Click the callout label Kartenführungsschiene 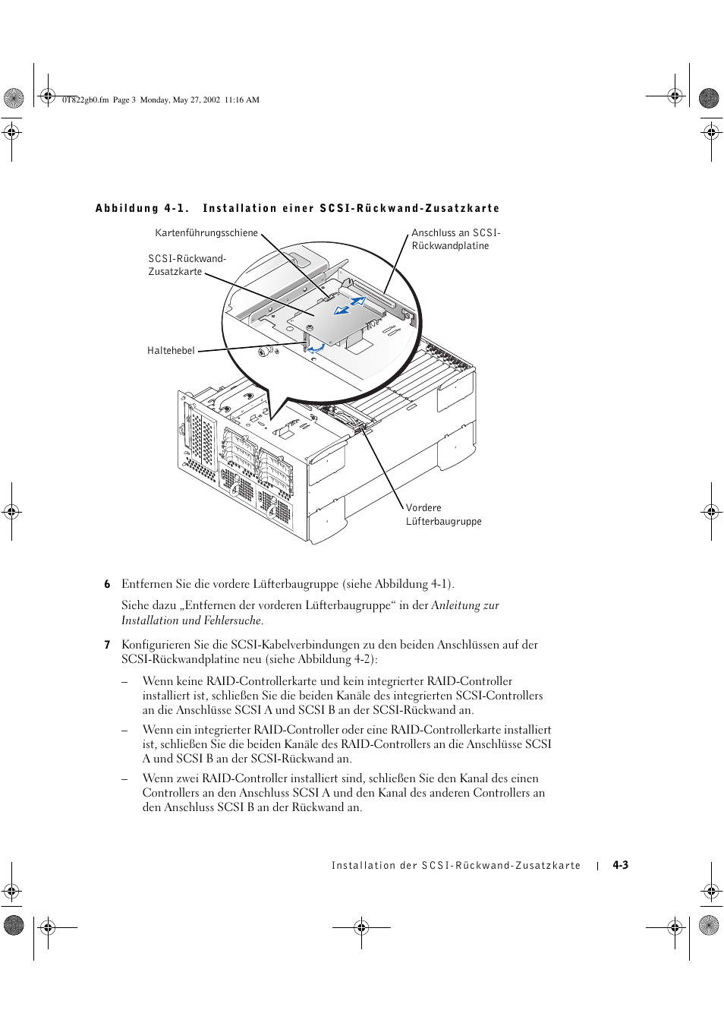(206, 233)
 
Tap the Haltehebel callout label (171, 351)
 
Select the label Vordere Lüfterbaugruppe (443, 515)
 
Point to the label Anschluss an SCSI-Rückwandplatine (455, 239)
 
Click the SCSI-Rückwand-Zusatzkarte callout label (187, 265)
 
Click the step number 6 (107, 584)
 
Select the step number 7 (107, 645)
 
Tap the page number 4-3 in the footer (620, 865)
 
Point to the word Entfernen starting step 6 (146, 584)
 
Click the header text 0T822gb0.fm (85, 99)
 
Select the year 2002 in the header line (211, 99)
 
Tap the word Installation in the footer (364, 866)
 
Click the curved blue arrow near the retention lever (316, 349)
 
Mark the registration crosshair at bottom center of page (361, 927)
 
